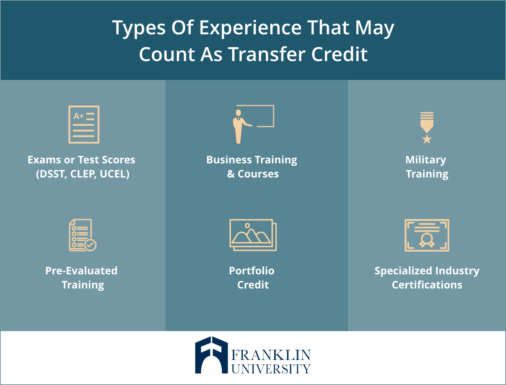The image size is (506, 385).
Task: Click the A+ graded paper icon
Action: [84, 124]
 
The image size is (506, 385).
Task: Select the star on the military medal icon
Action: [427, 139]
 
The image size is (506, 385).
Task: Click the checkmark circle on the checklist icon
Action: [90, 245]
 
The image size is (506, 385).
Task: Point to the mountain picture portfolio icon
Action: [253, 235]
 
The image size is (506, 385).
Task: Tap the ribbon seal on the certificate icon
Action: [427, 240]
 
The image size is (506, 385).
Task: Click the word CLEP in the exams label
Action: [83, 174]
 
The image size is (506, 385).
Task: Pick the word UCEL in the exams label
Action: [115, 174]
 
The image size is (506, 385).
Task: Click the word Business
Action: [229, 160]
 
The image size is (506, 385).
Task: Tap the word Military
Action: [425, 160]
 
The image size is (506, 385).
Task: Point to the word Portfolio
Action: [252, 271]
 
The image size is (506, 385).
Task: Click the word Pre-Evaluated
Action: [81, 271]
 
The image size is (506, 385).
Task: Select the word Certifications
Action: [427, 285]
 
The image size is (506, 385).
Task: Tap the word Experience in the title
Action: [250, 28]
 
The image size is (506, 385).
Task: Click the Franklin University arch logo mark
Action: [211, 355]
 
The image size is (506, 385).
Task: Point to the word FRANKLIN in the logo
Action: [271, 355]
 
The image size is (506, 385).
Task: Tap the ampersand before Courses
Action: [231, 174]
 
